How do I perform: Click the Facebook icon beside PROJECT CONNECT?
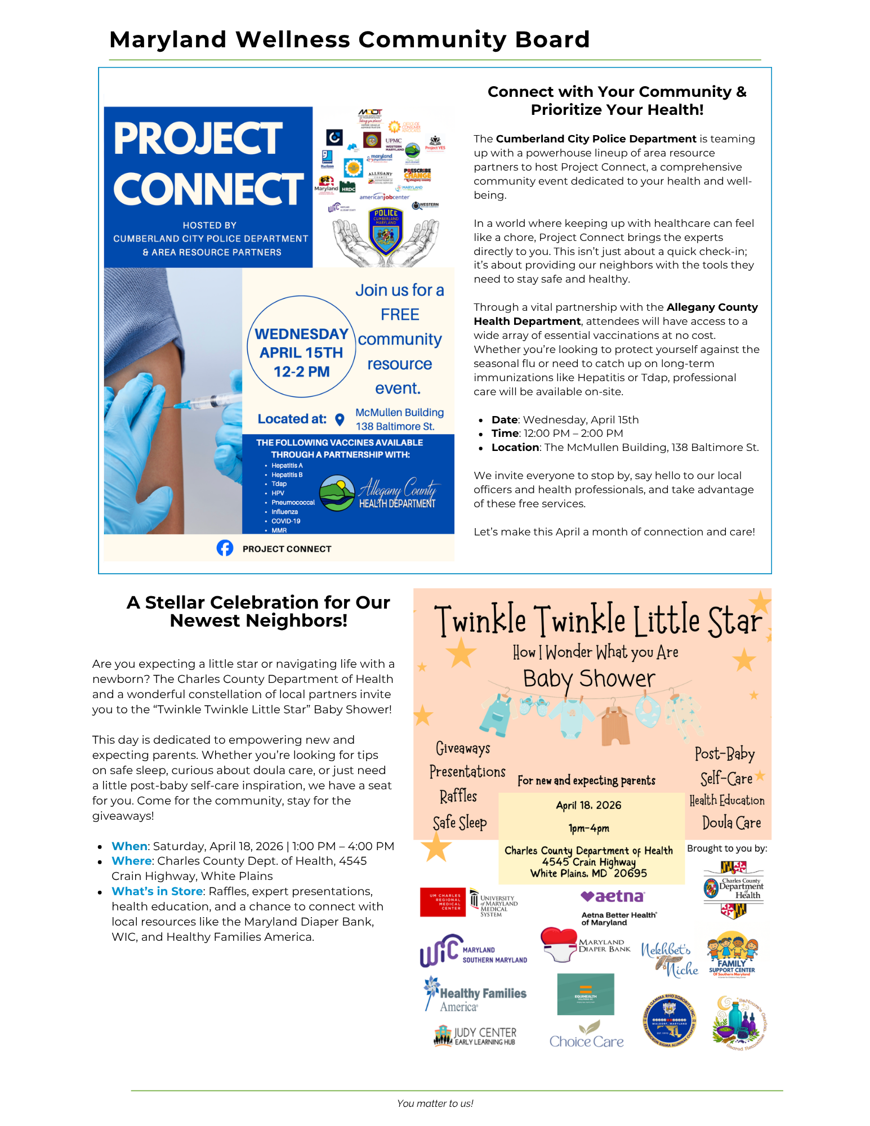(225, 548)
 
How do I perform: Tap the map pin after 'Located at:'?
(340, 419)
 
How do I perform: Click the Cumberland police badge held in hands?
(386, 230)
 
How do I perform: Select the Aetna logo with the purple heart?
(613, 896)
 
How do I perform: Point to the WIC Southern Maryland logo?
(473, 951)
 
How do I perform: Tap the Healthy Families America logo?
(476, 995)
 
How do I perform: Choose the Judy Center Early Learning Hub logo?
(475, 1035)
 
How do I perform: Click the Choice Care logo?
(586, 1035)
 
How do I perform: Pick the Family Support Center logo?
(732, 955)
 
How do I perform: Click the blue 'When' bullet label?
(130, 846)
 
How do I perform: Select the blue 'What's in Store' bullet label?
(157, 891)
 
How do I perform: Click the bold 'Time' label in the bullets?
(505, 434)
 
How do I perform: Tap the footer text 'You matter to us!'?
(435, 1103)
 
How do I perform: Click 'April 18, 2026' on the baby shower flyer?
(588, 805)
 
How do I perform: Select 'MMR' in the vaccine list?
(279, 530)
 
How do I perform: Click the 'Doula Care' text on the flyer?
(731, 823)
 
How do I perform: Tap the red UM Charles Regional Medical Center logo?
(443, 902)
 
